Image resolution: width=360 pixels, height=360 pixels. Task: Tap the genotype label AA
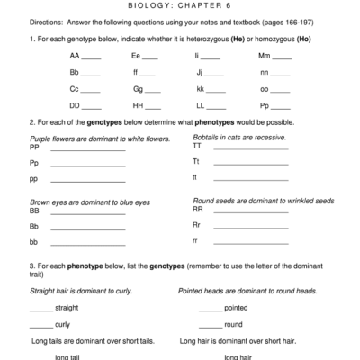75,56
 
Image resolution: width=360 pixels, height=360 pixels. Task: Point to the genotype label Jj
200,73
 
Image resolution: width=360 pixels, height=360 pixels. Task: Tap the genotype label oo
264,91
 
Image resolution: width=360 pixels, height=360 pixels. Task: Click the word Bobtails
208,137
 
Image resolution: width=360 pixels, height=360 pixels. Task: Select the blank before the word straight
40,308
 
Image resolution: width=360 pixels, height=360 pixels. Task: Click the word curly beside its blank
62,324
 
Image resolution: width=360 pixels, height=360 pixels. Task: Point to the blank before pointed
210,308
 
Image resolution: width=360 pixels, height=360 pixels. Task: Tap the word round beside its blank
233,324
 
